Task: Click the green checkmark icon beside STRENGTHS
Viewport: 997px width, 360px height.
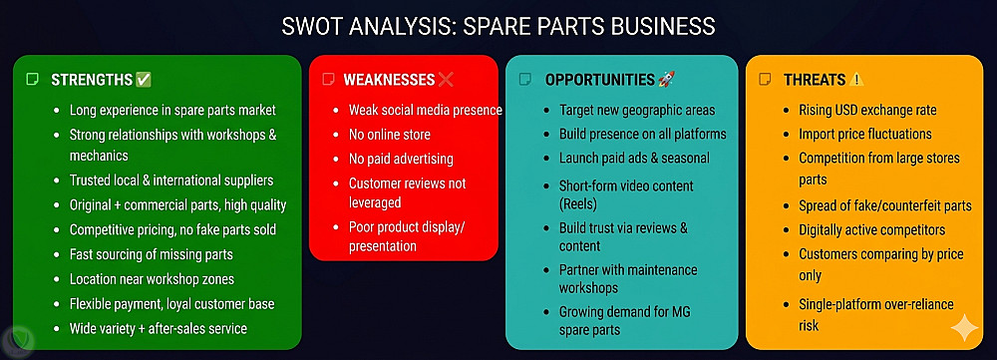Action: [144, 80]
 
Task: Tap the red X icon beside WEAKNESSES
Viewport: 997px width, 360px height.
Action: [446, 80]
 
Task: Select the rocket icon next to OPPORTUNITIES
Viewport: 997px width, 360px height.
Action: [666, 80]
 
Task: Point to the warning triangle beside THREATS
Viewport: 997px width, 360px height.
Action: [856, 80]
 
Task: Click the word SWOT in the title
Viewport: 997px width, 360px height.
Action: [309, 27]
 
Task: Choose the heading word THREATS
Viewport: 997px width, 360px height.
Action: [815, 80]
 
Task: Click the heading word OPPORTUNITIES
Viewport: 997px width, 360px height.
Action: [599, 80]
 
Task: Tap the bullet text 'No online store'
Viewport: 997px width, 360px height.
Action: [389, 135]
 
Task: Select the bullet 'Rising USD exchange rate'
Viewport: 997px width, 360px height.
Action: [867, 110]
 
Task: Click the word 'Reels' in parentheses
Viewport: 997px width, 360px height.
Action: [578, 204]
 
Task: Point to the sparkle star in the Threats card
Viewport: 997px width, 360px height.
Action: [964, 328]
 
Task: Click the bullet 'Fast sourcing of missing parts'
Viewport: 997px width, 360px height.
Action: [152, 254]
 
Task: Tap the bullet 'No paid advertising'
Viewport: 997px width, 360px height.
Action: [401, 159]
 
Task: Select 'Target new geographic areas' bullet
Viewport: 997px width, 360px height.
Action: [637, 110]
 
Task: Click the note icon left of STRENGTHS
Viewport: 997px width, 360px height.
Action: [32, 80]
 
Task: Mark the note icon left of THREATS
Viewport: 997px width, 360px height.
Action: [766, 80]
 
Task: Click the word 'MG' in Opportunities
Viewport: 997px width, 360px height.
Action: [680, 312]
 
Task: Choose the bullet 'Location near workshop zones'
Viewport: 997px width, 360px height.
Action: [152, 279]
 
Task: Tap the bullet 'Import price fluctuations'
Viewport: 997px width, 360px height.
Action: [865, 135]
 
